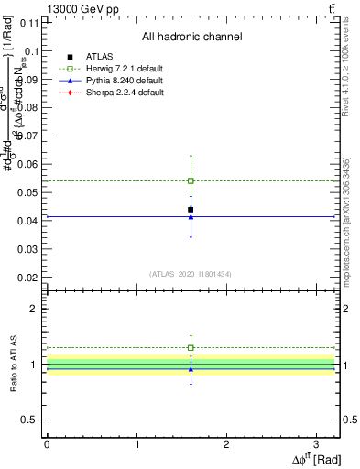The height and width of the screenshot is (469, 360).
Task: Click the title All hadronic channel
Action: tap(191, 38)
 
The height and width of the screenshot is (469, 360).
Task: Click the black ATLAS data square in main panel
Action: tap(191, 210)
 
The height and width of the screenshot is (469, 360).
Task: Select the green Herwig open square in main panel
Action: tap(191, 180)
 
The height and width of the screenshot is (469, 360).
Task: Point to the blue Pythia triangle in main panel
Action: tap(191, 217)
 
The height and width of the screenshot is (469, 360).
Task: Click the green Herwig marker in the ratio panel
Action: tap(191, 348)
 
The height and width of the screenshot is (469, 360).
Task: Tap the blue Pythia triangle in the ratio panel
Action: tap(191, 369)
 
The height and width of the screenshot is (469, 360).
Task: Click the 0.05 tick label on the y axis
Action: tap(30, 192)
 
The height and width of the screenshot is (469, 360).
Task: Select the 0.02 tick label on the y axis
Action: tap(30, 277)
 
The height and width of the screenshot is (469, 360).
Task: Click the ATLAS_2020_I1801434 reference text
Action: tap(191, 274)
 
